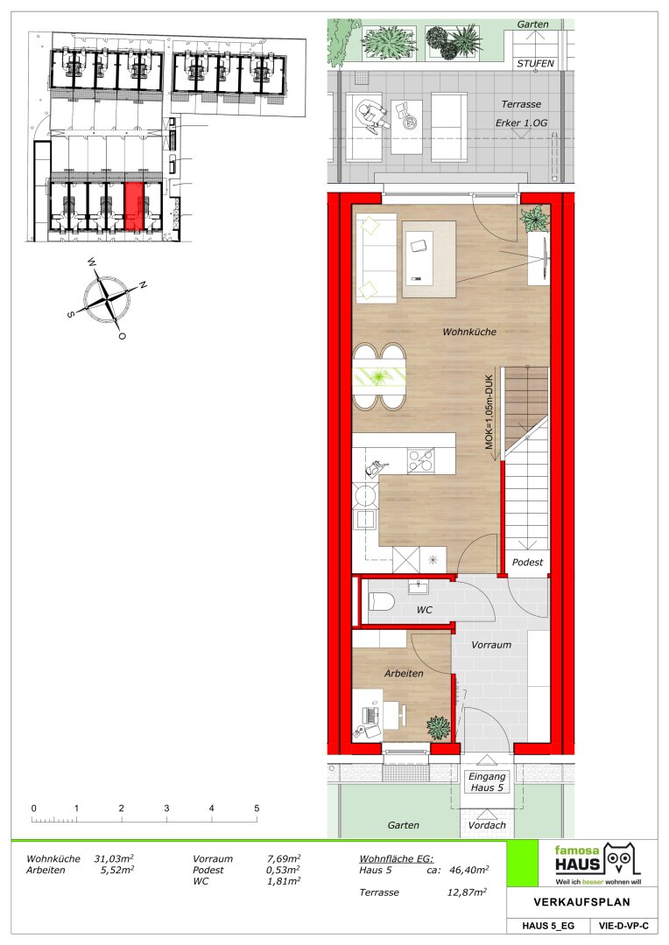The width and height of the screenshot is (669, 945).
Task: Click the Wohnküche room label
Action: (469, 332)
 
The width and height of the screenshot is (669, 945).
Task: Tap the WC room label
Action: (424, 610)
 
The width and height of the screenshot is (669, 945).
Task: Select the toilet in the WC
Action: (381, 601)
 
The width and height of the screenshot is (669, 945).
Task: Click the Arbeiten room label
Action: (404, 673)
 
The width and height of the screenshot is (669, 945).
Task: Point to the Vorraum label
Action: (491, 644)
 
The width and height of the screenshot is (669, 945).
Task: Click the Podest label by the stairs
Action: (527, 562)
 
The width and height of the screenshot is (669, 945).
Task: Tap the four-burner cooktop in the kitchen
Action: (420, 461)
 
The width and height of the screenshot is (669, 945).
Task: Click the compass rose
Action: (108, 298)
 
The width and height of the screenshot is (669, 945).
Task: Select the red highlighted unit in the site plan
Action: (135, 206)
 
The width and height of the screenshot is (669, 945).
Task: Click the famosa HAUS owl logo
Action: (621, 859)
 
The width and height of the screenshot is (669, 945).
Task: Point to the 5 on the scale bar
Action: (257, 808)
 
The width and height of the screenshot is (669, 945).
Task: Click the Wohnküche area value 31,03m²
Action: (114, 859)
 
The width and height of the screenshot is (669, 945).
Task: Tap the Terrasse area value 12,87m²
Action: (467, 892)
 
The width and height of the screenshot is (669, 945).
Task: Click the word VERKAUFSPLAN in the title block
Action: (581, 902)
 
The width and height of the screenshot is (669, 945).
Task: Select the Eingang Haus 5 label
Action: (487, 781)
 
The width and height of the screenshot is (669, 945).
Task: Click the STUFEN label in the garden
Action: (535, 63)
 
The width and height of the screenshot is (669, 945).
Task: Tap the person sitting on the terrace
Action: (373, 116)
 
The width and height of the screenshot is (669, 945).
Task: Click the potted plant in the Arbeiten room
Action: (439, 727)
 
